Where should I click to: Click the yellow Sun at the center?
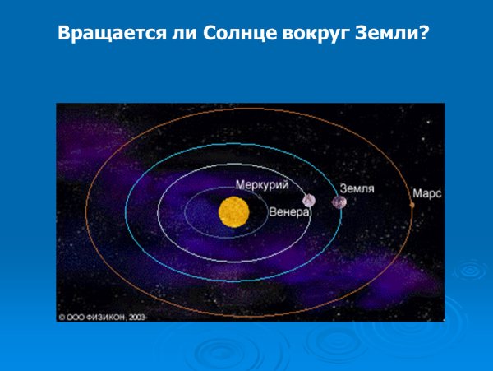coord(233,213)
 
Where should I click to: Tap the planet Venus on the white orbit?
coord(309,200)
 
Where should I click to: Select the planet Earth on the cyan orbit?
coord(339,202)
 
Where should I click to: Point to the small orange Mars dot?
coord(412,204)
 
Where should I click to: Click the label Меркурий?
coord(262,185)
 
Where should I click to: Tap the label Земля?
coord(358,188)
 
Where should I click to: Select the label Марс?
coord(428,194)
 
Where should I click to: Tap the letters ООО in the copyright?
coord(76,315)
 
